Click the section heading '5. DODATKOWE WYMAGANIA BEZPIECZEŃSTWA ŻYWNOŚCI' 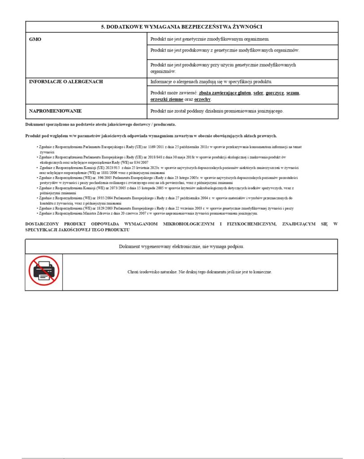pos(182,27)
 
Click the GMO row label pos(35,39)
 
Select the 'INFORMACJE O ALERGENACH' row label pos(66,82)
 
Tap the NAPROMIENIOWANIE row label pos(55,111)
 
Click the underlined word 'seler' pos(258,93)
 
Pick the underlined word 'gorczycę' pos(274,93)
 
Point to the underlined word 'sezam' pos(293,93)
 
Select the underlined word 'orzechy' pos(202,99)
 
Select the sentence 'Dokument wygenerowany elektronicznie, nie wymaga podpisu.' pos(182,247)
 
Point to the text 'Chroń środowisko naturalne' pos(152,272)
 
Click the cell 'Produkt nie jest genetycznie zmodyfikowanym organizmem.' pos(210,39)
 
